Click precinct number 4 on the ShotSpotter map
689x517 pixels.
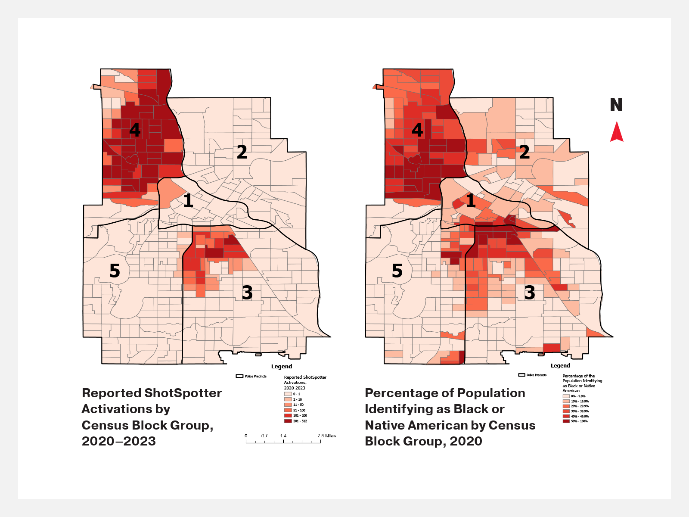(x=135, y=130)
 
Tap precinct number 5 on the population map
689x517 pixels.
(x=397, y=271)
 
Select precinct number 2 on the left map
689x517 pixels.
(x=242, y=152)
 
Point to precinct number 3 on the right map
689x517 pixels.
(x=530, y=293)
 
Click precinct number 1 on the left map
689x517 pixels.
(x=188, y=201)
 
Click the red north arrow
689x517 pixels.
(x=617, y=132)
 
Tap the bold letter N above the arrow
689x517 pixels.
(x=616, y=105)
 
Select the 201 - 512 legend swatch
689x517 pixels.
(x=288, y=421)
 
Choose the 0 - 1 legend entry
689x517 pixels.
(x=288, y=394)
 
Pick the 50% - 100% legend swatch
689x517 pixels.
(x=566, y=421)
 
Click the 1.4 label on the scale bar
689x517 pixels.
(x=283, y=436)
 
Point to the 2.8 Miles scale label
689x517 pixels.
(x=326, y=436)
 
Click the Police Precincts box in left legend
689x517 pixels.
(x=240, y=376)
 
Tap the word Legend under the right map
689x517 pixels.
(x=560, y=366)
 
